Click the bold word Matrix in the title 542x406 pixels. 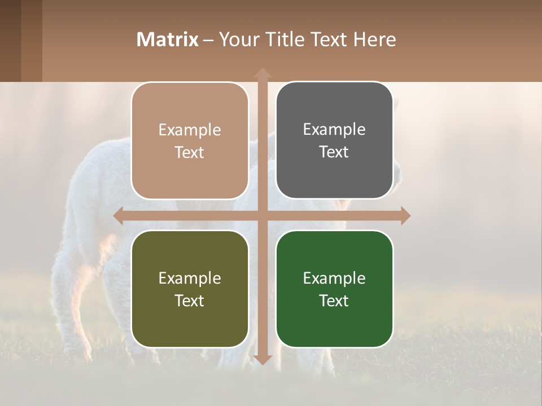click(x=168, y=39)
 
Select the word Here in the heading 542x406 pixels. click(x=375, y=39)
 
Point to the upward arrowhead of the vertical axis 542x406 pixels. click(x=263, y=73)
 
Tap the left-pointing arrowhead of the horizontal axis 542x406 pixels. click(x=119, y=215)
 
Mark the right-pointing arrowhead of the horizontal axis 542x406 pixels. click(x=405, y=215)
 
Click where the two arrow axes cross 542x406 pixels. click(x=263, y=215)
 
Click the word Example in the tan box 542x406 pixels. click(x=190, y=130)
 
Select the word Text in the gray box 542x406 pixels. click(x=334, y=152)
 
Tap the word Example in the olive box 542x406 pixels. click(x=190, y=278)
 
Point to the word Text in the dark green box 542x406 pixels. click(x=334, y=301)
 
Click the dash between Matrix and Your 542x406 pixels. click(x=208, y=40)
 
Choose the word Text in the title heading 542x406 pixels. click(x=329, y=39)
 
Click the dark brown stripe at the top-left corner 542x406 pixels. click(x=10, y=41)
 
